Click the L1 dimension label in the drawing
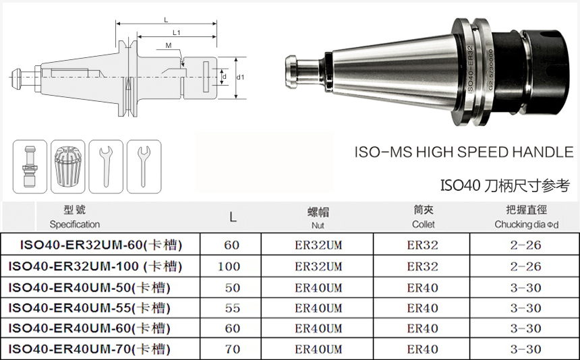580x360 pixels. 177,32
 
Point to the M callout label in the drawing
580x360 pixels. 169,45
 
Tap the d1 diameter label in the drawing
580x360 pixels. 241,78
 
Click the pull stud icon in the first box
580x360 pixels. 30,167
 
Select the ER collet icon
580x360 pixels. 67,167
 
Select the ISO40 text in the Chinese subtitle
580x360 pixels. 460,185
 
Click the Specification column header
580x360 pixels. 75,224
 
